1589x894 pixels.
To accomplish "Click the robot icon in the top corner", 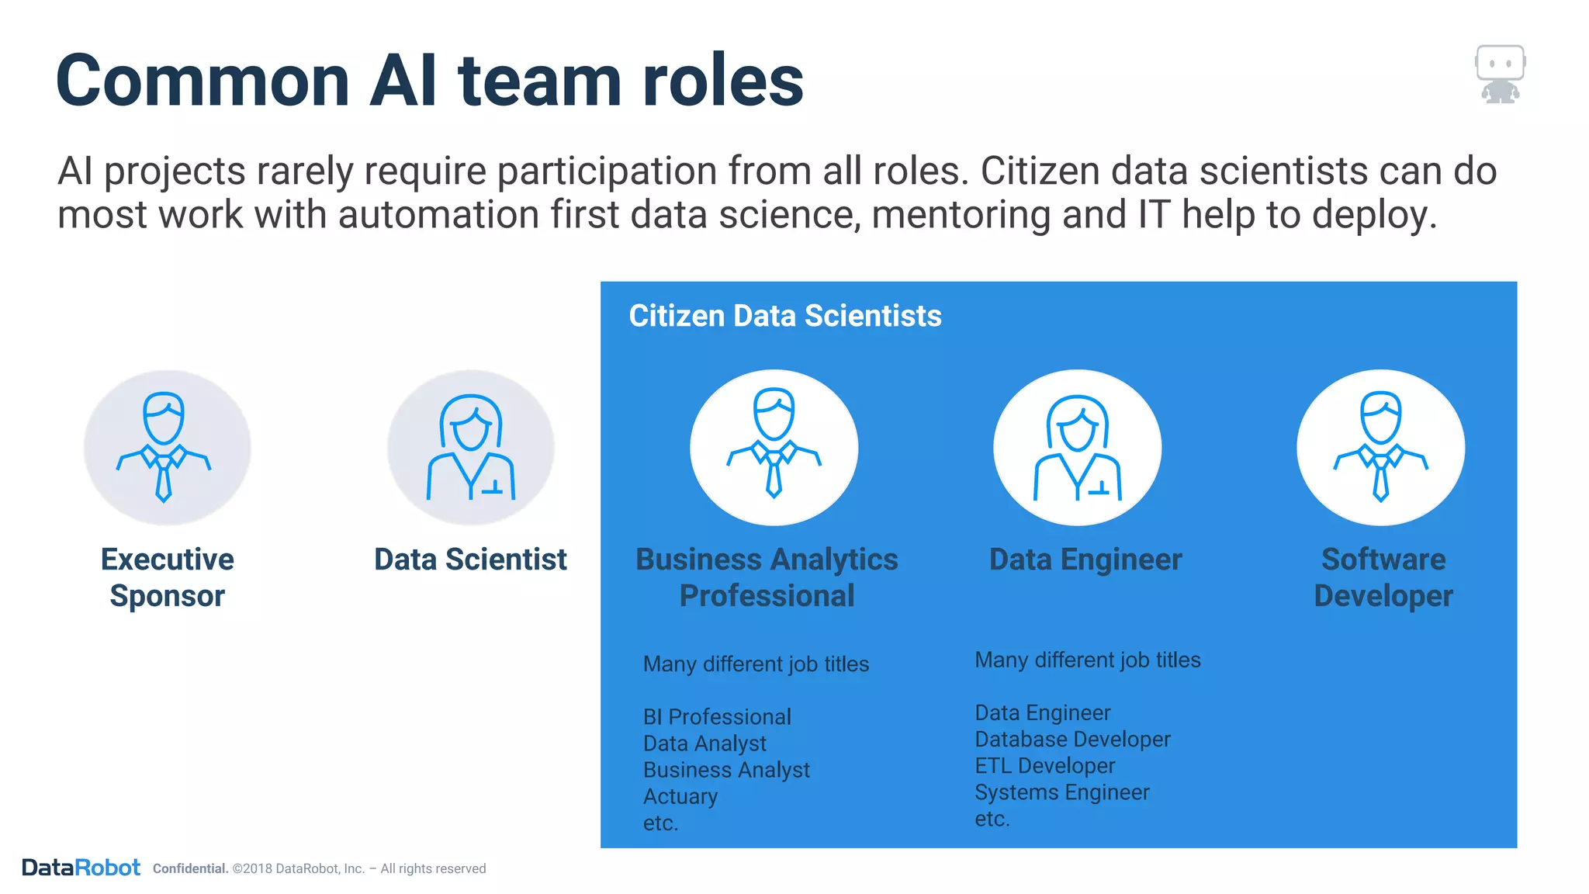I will point(1500,74).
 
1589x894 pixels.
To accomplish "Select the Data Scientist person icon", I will point(471,447).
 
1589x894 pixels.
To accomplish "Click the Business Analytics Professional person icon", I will point(774,447).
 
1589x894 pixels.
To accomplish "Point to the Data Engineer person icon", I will point(1077,447).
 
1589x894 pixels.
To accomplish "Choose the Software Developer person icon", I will point(1380,447).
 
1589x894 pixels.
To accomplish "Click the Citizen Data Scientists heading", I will point(784,316).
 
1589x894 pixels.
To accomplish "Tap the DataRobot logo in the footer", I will point(81,868).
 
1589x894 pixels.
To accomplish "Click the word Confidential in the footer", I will point(190,868).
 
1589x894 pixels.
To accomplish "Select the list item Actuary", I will point(680,796).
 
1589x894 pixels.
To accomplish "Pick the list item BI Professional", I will point(717,716).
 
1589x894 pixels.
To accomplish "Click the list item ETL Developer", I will point(1044,766).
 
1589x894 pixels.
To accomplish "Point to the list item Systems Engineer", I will point(1061,792).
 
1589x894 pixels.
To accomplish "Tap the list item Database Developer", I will point(1072,739).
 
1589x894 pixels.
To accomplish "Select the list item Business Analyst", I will point(726,770).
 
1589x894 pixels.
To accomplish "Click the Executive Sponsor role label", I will point(167,577).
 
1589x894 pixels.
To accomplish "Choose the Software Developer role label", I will point(1383,577).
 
